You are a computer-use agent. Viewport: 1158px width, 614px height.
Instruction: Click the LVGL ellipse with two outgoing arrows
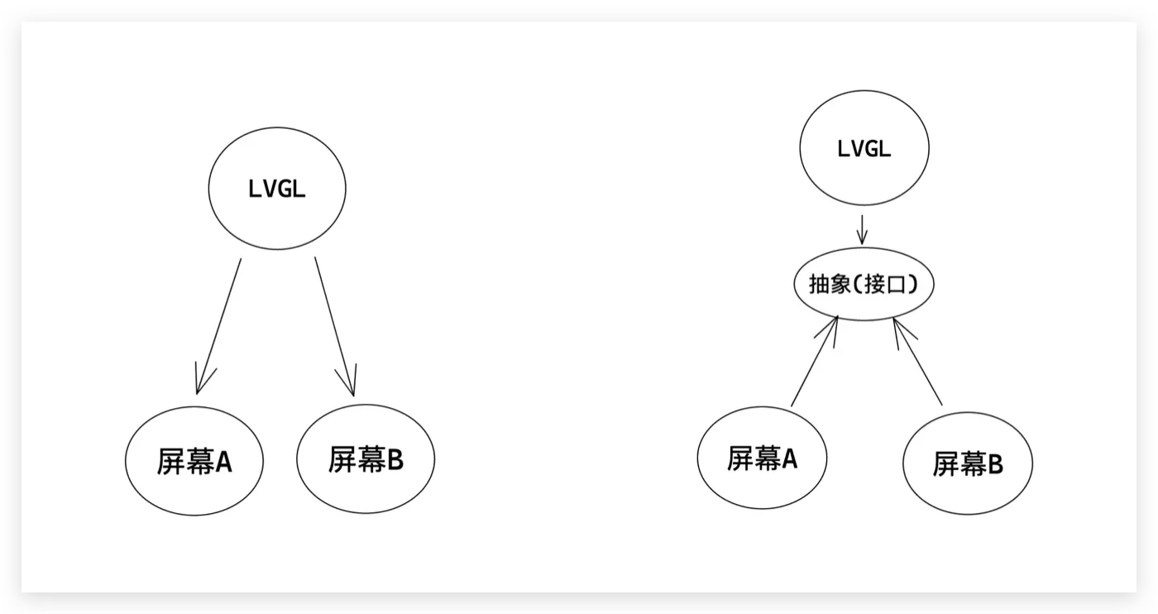(x=276, y=189)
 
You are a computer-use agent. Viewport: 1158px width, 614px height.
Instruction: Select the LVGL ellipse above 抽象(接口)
(x=864, y=150)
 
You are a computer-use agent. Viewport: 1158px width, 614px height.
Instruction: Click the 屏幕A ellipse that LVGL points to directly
(x=194, y=460)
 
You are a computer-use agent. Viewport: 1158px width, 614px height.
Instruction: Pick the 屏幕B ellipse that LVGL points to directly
(x=366, y=460)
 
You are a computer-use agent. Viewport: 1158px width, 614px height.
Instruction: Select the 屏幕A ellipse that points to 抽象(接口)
(x=762, y=458)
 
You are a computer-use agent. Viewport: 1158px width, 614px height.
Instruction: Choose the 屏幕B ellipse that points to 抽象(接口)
(x=967, y=463)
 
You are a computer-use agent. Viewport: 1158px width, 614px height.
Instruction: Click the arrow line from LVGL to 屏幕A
(x=219, y=323)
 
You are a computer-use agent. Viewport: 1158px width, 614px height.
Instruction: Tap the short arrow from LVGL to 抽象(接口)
(x=862, y=228)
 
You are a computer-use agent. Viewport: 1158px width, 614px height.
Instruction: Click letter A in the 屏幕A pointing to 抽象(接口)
(x=788, y=458)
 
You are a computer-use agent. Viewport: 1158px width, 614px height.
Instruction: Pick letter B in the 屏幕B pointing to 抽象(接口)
(x=994, y=464)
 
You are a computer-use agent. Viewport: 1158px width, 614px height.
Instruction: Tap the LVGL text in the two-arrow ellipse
(x=276, y=189)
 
